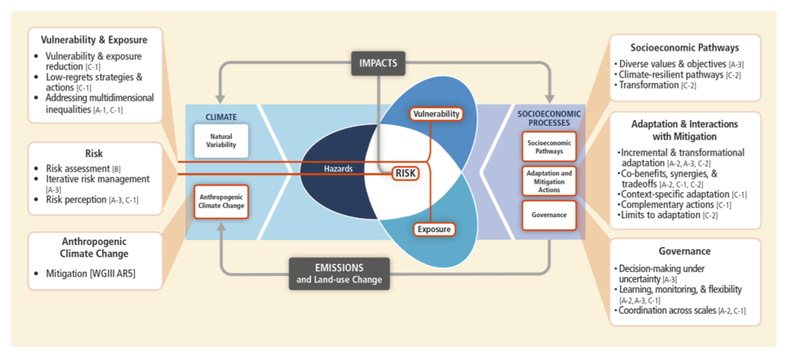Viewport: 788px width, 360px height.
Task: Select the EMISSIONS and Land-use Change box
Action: (339, 273)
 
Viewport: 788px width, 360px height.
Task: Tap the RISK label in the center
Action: (405, 174)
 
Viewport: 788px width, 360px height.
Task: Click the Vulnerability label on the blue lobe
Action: (435, 114)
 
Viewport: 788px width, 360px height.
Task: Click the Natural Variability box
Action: (220, 141)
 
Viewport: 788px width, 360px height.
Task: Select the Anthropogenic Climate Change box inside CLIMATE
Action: (220, 201)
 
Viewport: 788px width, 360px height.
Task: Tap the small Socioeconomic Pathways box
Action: (549, 146)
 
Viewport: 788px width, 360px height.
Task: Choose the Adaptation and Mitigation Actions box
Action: (549, 181)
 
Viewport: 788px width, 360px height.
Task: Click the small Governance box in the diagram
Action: (549, 215)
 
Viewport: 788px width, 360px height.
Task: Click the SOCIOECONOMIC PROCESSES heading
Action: (549, 118)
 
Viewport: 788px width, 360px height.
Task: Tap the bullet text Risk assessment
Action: (77, 168)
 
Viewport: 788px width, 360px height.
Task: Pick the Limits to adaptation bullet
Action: (659, 216)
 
